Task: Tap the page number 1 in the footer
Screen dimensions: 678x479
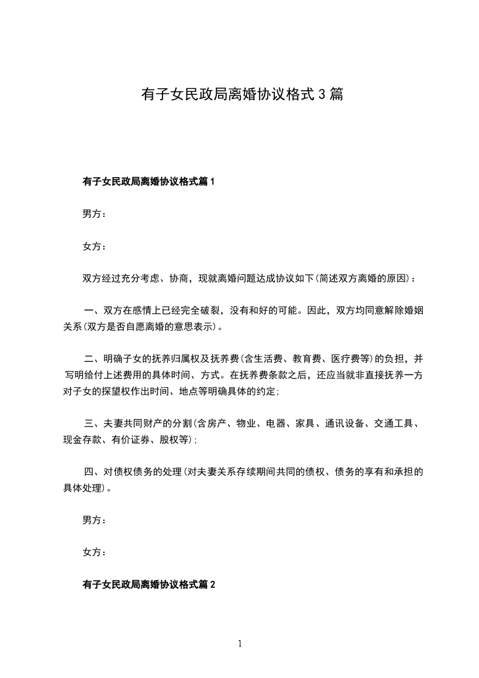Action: click(x=240, y=644)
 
